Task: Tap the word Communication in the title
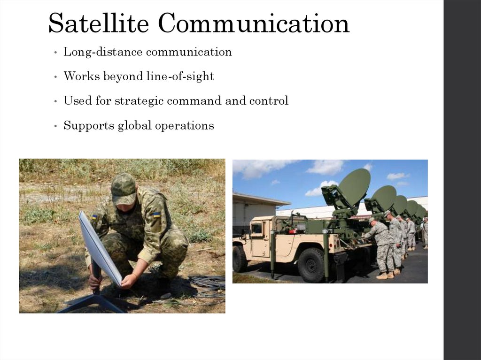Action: point(254,23)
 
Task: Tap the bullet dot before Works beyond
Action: point(56,77)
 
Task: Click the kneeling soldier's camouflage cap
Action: point(124,188)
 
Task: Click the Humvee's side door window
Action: point(257,229)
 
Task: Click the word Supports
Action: point(85,126)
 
